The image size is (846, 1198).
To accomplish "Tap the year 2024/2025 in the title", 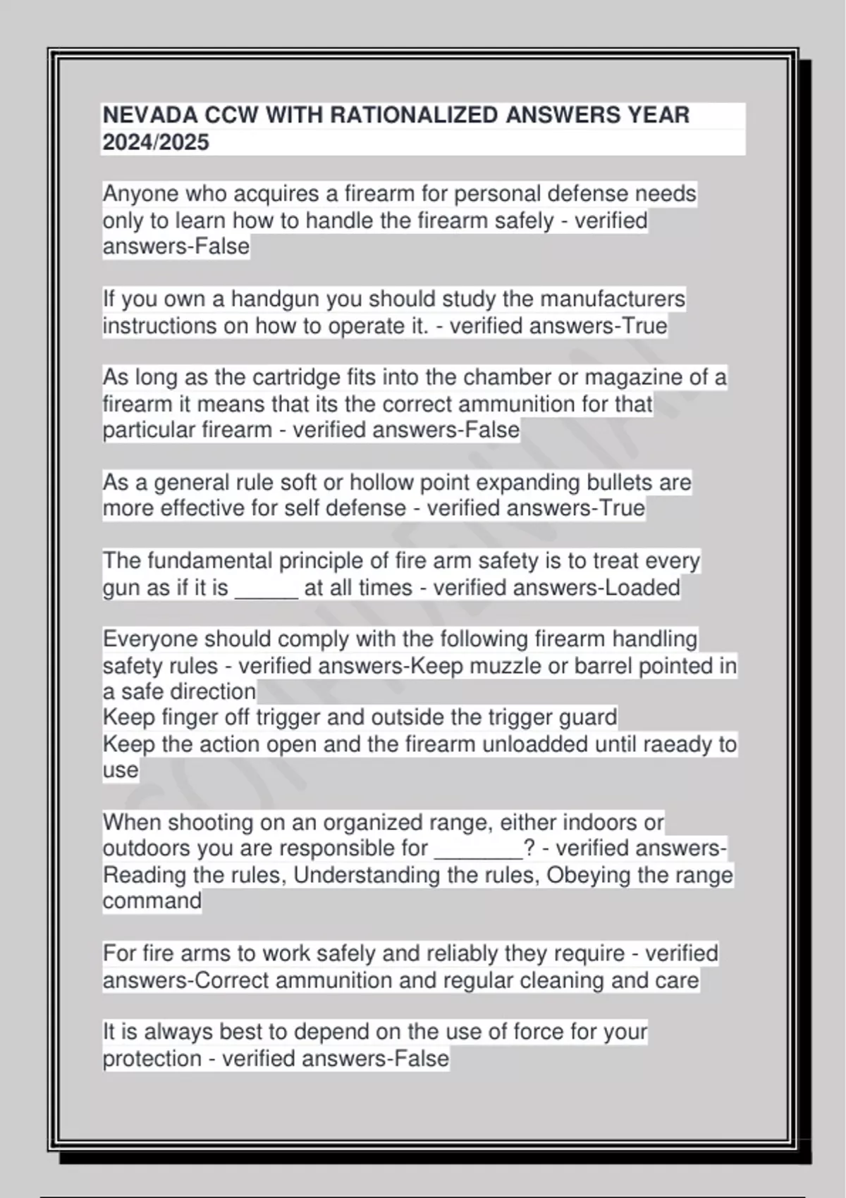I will pos(156,142).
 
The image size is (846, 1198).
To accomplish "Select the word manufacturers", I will pos(613,299).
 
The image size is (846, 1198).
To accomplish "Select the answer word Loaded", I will pos(640,588).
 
